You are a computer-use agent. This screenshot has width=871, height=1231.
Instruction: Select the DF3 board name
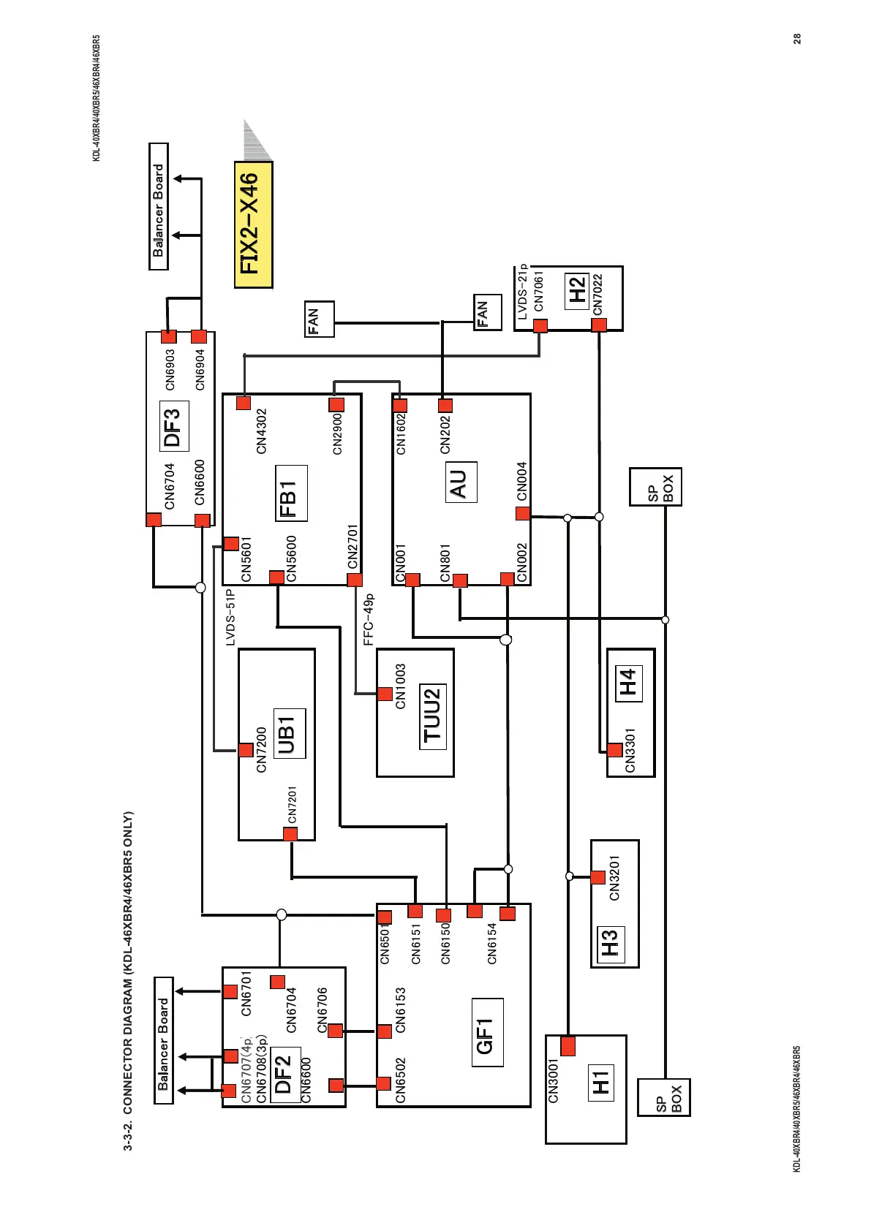[x=173, y=426]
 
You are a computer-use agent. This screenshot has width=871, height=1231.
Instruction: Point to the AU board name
[x=460, y=482]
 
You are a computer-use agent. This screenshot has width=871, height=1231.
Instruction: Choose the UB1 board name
[x=288, y=733]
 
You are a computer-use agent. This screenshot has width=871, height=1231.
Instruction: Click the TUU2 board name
[x=433, y=715]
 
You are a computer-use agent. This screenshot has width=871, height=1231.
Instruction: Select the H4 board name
[x=628, y=683]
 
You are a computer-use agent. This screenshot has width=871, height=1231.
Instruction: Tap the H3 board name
[x=610, y=943]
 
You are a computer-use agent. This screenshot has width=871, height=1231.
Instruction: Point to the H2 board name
[x=577, y=290]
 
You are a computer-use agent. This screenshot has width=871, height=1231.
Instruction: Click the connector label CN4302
[x=262, y=431]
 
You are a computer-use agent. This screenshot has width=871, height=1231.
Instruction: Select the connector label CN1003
[x=400, y=686]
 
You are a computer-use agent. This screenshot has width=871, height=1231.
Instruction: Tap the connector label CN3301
[x=630, y=750]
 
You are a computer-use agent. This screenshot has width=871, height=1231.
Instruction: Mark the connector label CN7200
[x=262, y=750]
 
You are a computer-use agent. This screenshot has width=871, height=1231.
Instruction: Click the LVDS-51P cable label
[x=230, y=618]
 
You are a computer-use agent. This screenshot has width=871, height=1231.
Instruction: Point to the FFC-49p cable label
[x=369, y=620]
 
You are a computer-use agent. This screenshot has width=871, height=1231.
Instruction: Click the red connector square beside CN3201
[x=598, y=877]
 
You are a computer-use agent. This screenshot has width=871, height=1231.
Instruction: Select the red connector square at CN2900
[x=336, y=404]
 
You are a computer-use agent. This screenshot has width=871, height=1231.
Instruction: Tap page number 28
[x=797, y=38]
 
